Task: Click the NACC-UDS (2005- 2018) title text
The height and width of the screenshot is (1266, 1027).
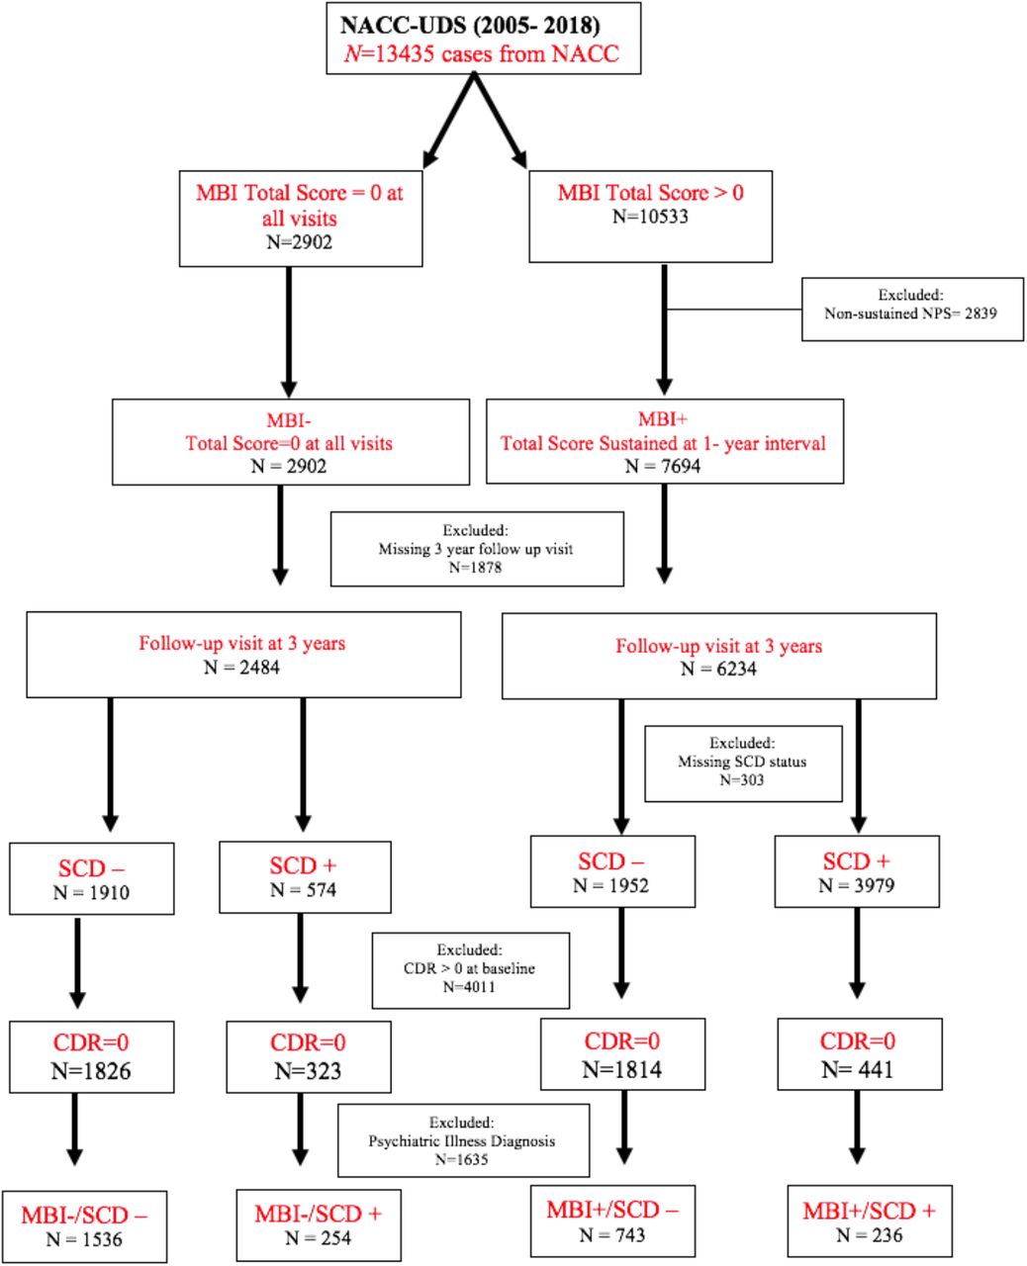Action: (x=470, y=25)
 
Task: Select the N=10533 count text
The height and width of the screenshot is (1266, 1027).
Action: (x=650, y=217)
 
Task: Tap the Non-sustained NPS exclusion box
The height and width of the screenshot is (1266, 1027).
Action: (x=912, y=309)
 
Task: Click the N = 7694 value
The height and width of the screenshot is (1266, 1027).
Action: (x=663, y=466)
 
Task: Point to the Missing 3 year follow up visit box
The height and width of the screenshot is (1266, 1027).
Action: (x=477, y=549)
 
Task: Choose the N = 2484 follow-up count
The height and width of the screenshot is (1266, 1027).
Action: (x=241, y=668)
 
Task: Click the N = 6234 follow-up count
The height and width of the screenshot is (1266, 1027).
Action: (x=718, y=670)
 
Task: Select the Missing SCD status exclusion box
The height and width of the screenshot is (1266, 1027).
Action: (x=743, y=764)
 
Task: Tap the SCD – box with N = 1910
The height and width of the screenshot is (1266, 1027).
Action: (x=92, y=878)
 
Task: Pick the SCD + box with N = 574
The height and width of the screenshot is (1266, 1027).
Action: (x=305, y=876)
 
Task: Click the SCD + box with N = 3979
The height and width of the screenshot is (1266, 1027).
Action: (x=857, y=871)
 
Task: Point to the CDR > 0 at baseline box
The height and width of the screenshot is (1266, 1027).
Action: (x=470, y=970)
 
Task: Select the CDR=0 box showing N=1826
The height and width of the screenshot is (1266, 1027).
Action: (x=92, y=1056)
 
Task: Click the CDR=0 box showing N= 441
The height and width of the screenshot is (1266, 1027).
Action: (x=860, y=1053)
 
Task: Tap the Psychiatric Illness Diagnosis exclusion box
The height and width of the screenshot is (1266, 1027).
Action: (x=463, y=1140)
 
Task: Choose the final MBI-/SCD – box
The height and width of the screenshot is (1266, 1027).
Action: (x=84, y=1226)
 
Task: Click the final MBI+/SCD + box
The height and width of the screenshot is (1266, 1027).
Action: (x=870, y=1221)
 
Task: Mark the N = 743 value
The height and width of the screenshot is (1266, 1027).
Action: (x=611, y=1235)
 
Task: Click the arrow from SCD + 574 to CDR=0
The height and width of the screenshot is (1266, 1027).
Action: (x=301, y=957)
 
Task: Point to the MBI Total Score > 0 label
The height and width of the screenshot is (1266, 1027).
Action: (x=650, y=193)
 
